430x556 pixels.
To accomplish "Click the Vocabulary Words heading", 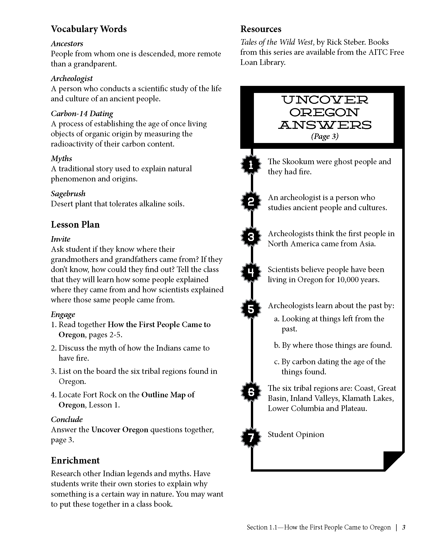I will pos(89,29).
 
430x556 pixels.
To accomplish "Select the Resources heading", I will pos(261,29).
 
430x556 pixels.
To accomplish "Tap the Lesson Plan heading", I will pos(75,225).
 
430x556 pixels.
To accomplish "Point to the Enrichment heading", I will pos(75,460).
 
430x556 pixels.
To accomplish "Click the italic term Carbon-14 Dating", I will pos(82,113).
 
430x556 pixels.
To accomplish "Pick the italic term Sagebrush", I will pos(68,194).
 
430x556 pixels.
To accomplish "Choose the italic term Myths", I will pos(61,159).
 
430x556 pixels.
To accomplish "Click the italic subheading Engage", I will pos(63,315).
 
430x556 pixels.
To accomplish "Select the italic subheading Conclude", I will pos(67,420).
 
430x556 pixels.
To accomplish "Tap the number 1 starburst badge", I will pos(251,165).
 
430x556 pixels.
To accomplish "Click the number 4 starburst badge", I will pos(251,273).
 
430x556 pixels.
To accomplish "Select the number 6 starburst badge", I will pos(251,392).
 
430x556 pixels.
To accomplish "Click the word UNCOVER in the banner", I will pos(325,100).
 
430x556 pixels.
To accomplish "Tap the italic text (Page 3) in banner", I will pos(325,136).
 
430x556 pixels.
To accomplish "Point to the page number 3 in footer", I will pos(403,527).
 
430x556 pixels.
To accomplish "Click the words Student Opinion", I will pos(296,434).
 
